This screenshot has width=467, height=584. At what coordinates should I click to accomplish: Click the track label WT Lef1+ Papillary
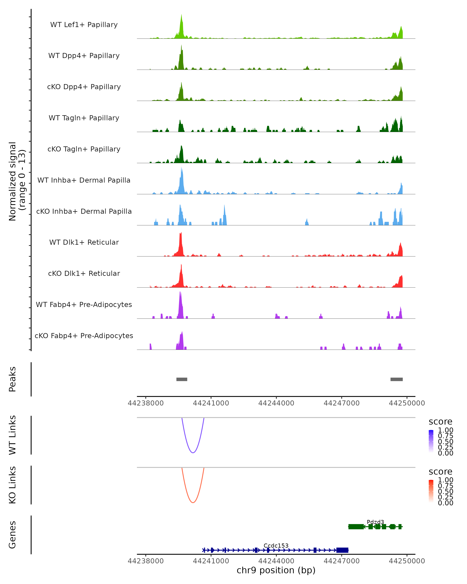(x=84, y=25)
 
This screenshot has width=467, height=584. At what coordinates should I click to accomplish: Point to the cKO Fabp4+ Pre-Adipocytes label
(x=84, y=336)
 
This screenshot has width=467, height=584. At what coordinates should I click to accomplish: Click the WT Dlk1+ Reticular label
(x=84, y=242)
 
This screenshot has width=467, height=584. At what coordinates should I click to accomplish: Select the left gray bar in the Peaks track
(x=182, y=379)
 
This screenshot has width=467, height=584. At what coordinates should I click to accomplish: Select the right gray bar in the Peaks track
(x=396, y=379)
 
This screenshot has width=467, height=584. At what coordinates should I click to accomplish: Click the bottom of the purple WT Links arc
(x=193, y=453)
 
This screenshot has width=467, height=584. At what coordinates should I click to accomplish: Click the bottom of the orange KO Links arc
(x=193, y=502)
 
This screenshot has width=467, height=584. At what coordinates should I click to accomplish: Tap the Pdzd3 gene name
(x=375, y=522)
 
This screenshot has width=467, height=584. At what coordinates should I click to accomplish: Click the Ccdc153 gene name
(x=276, y=545)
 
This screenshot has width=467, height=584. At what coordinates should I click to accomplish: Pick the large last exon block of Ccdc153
(x=342, y=550)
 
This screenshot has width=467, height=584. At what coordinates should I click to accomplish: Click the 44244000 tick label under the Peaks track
(x=276, y=403)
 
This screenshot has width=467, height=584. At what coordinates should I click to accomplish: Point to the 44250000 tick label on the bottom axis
(x=407, y=561)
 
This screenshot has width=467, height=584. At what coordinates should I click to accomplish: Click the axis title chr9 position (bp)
(x=276, y=570)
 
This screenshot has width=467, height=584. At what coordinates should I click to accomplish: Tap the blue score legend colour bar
(x=431, y=441)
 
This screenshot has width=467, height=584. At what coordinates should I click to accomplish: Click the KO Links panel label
(x=12, y=485)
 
